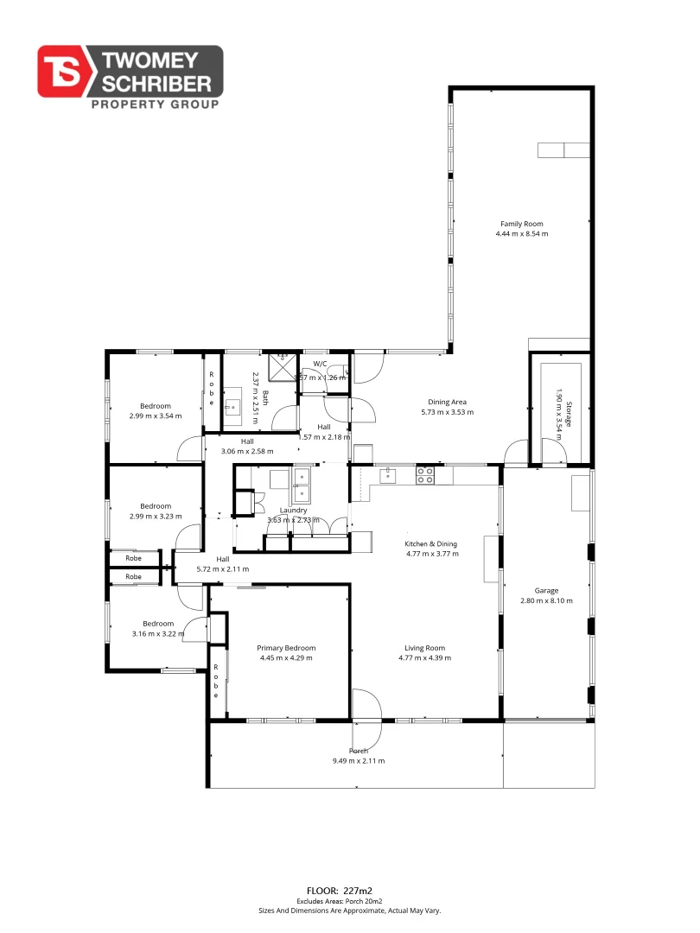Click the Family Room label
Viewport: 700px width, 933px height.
521,224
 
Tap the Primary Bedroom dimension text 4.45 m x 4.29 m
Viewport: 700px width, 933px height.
286,658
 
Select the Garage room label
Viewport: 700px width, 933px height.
546,591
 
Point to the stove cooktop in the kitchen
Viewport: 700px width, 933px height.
425,475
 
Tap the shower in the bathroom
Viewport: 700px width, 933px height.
281,367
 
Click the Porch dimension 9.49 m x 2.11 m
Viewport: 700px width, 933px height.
358,761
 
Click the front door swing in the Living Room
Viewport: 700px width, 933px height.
367,704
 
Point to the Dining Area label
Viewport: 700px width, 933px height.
448,401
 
